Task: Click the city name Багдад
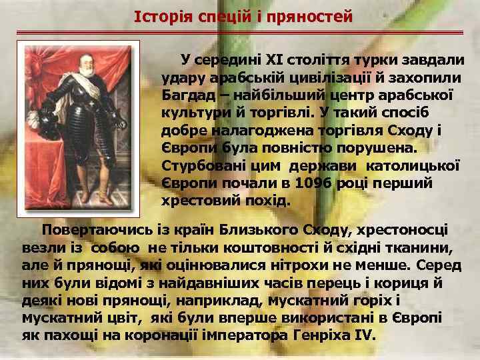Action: (188, 95)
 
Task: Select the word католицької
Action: (416, 165)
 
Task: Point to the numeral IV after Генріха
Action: (360, 334)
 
